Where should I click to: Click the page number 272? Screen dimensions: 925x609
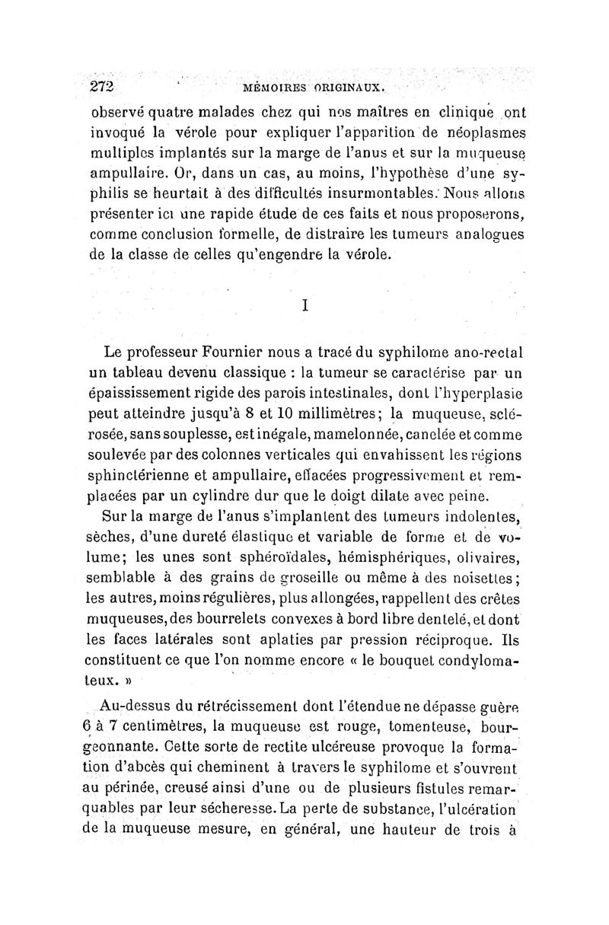pyautogui.click(x=102, y=85)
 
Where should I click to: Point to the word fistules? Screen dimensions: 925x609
pyautogui.click(x=433, y=810)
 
